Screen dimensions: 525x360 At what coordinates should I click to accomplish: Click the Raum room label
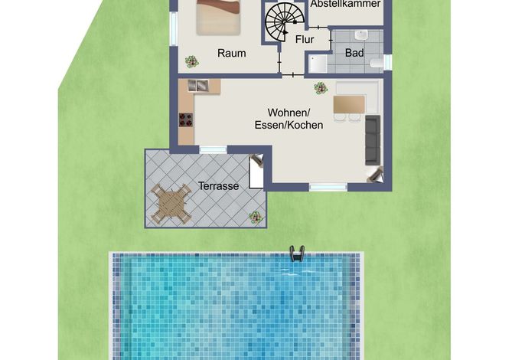coord(232,53)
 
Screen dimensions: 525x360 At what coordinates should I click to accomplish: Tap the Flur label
coord(305,39)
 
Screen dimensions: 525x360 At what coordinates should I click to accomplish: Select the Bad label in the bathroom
coord(354,53)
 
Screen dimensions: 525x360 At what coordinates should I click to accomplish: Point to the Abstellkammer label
coord(346,4)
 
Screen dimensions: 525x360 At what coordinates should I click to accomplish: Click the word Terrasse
coord(218,185)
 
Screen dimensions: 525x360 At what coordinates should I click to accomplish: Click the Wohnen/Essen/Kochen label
coord(289,118)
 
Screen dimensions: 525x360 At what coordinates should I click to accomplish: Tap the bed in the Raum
coord(218,17)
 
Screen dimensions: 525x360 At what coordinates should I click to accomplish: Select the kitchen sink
coord(198,86)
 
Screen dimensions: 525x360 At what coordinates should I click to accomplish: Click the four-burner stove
coord(186,120)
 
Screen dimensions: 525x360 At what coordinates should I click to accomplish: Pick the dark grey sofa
coord(373,140)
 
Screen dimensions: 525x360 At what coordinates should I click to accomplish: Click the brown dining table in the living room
coord(349,104)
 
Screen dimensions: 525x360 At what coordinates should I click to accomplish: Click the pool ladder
coord(297,254)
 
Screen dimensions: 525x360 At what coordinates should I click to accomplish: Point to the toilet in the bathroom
coord(377,63)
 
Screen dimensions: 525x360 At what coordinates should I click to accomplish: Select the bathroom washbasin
coord(361,35)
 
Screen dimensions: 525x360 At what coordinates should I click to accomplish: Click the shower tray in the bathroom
coord(318,64)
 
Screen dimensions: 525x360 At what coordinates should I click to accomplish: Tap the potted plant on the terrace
coord(256,218)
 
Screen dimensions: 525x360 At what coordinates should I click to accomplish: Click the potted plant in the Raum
coord(192,62)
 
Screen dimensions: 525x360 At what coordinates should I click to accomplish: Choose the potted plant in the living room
coord(321,88)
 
